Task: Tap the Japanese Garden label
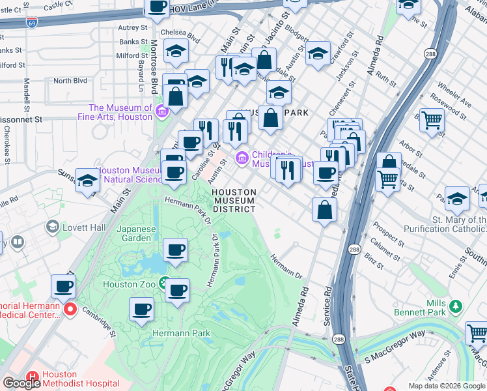coord(137,233)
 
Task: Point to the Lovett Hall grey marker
coord(52,227)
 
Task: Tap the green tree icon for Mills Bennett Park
coord(456,305)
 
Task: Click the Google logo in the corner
coord(21,383)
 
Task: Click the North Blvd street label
coord(70,81)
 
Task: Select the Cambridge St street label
coord(98,321)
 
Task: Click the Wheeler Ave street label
coord(454,95)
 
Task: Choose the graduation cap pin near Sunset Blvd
coord(87,180)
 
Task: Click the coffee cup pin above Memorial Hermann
coord(64,285)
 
